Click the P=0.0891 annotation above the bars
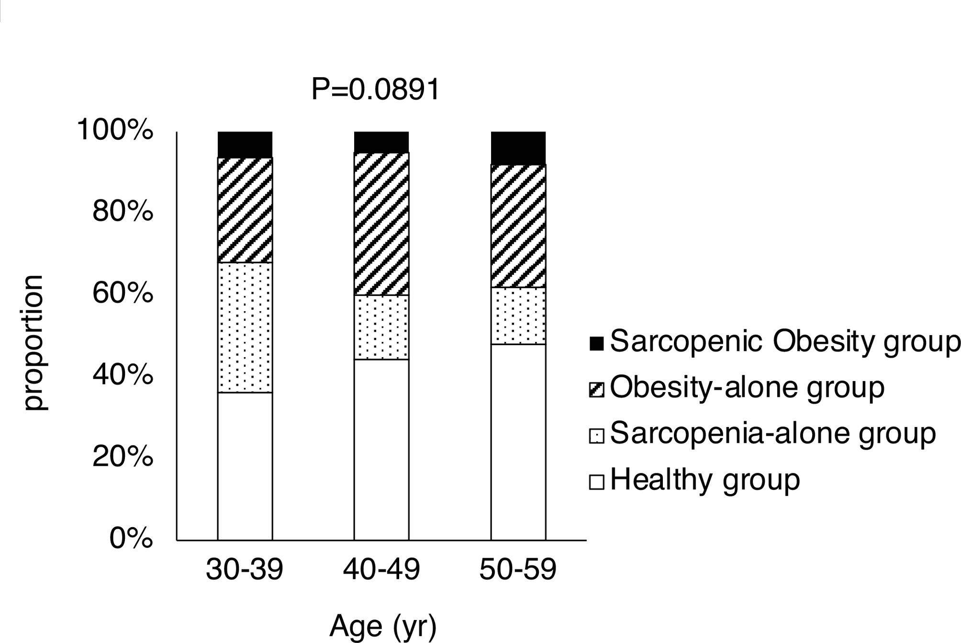[x=375, y=90]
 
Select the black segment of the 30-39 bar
[x=245, y=145]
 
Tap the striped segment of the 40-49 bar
[x=381, y=224]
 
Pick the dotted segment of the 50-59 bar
[x=518, y=316]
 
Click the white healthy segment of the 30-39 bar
[x=245, y=466]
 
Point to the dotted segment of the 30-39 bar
[x=245, y=327]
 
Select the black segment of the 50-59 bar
[x=518, y=148]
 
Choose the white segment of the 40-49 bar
[x=381, y=450]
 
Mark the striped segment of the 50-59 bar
[x=518, y=226]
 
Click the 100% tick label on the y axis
[x=115, y=130]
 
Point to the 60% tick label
[x=123, y=293]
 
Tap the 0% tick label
[x=131, y=539]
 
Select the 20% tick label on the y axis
[x=123, y=457]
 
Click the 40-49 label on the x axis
[x=381, y=570]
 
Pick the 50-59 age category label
[x=518, y=570]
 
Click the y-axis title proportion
[x=34, y=343]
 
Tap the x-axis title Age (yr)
[x=383, y=626]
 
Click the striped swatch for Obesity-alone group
[x=596, y=390]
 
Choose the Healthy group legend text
[x=704, y=479]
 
